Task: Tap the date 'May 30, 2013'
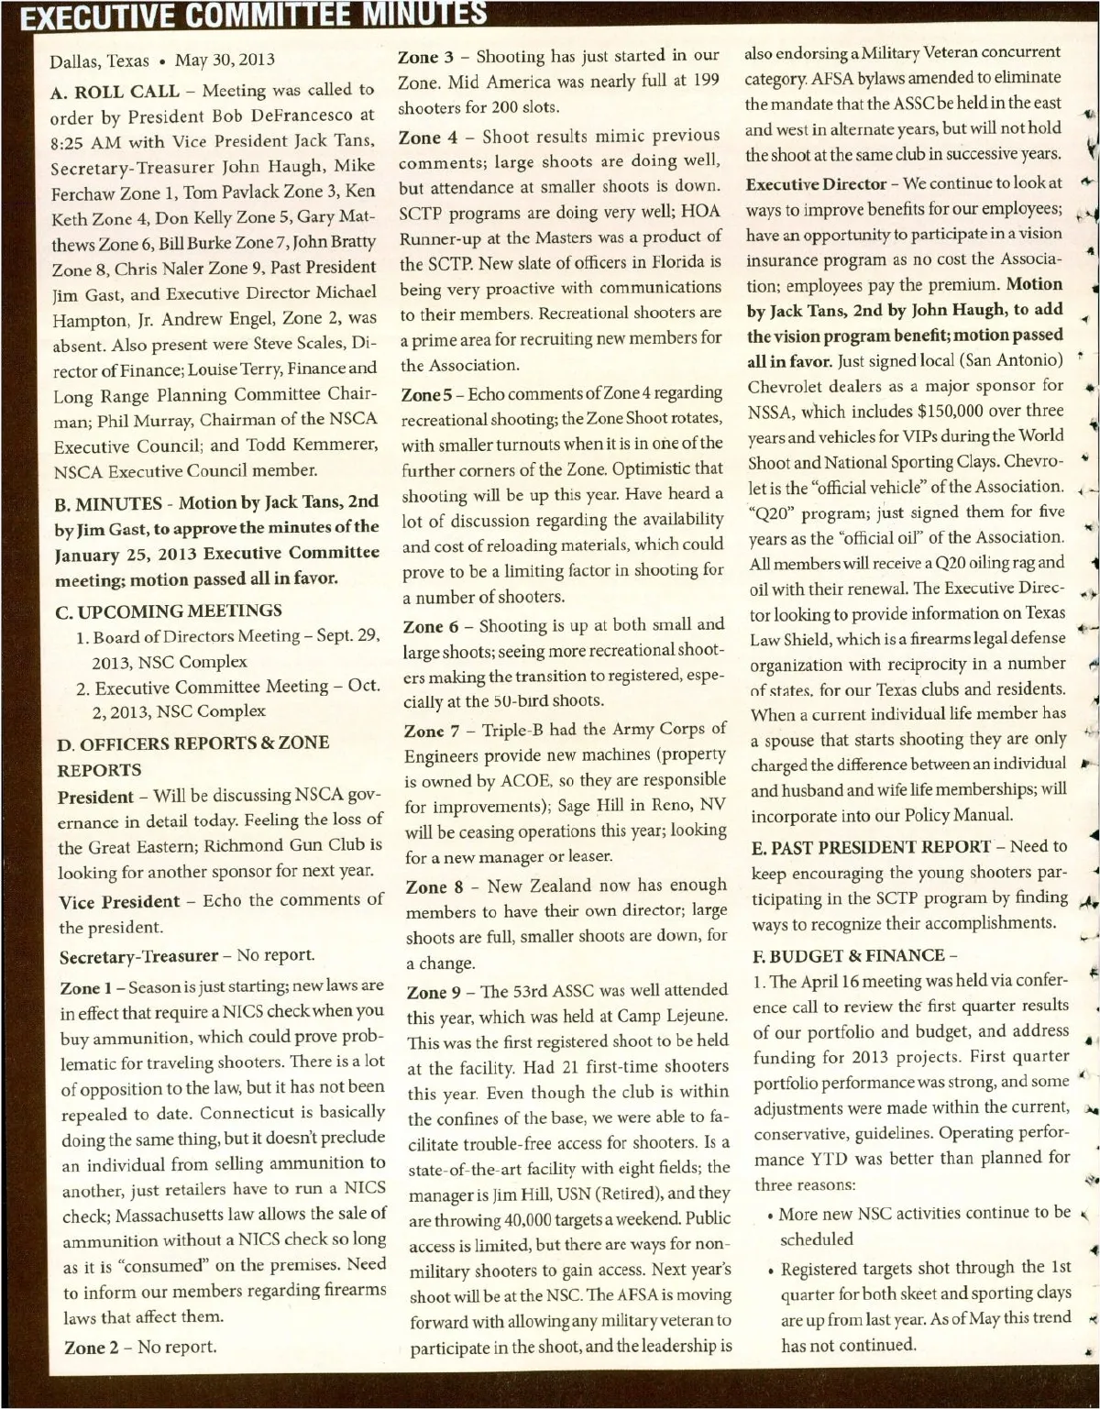(225, 61)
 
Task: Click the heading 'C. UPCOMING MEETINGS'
(169, 611)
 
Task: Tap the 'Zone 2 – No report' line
(140, 1347)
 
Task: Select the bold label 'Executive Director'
(816, 184)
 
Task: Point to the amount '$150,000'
(924, 411)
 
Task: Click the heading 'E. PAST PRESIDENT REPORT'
(871, 847)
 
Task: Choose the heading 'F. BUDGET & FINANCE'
(848, 955)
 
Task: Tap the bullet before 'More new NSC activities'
(770, 1216)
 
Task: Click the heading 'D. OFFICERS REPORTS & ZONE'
(192, 743)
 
